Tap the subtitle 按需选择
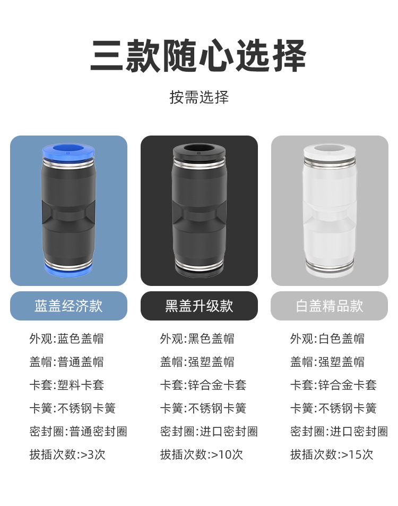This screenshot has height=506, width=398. [x=199, y=97]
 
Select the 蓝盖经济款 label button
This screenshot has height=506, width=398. [x=68, y=306]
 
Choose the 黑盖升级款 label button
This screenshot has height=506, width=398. [x=199, y=306]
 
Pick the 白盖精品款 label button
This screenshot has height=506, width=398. [x=330, y=306]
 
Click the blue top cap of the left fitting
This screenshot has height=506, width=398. [x=68, y=150]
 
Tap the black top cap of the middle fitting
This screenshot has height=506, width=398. [x=199, y=150]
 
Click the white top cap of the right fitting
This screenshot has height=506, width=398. [x=330, y=150]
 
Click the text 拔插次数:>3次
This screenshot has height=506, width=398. [x=67, y=454]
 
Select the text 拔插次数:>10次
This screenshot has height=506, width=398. [x=202, y=454]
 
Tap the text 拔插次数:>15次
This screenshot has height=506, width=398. [x=332, y=454]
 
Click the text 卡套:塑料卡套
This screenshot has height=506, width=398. [x=67, y=385]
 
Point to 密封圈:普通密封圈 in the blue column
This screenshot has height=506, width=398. [x=78, y=431]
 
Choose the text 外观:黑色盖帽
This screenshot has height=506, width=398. [x=197, y=339]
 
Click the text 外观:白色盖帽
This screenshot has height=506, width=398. [x=327, y=339]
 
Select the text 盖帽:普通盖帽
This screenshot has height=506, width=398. [x=67, y=362]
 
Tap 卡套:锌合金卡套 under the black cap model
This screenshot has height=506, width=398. [x=203, y=385]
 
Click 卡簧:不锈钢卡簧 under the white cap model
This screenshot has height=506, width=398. [x=333, y=408]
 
